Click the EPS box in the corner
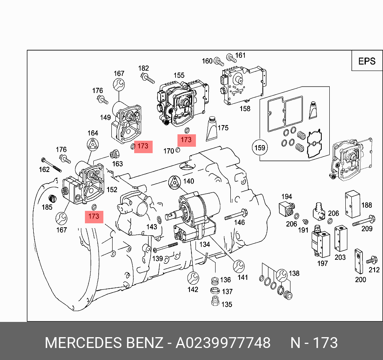click(367, 61)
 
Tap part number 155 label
click(179, 75)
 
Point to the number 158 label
click(245, 108)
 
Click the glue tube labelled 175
click(212, 128)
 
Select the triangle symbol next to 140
click(175, 182)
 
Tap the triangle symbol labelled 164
click(93, 145)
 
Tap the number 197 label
click(323, 263)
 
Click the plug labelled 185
click(50, 198)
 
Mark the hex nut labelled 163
click(114, 154)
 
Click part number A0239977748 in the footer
click(224, 343)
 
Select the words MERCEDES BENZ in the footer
click(104, 343)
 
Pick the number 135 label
click(226, 304)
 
